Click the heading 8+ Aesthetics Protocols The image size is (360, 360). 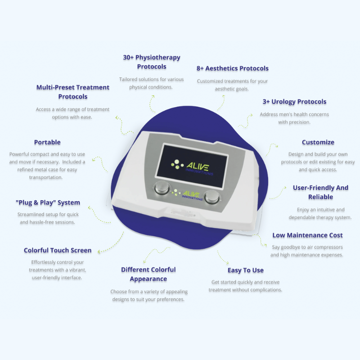(x=232, y=68)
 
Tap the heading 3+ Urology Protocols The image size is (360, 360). (x=294, y=102)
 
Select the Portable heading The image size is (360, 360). (x=47, y=142)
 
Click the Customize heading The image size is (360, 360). (x=318, y=142)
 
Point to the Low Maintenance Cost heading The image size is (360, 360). (x=307, y=235)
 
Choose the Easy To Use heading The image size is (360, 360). (x=245, y=270)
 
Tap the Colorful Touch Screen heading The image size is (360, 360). (x=58, y=250)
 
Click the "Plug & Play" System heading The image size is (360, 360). (x=48, y=203)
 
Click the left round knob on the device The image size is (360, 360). (x=162, y=188)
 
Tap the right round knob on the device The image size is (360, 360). (x=212, y=197)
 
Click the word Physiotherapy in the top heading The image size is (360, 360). (x=158, y=58)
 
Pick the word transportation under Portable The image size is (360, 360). (x=46, y=177)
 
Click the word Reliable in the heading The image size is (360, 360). (x=320, y=197)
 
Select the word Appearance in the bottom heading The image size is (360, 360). (x=148, y=279)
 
